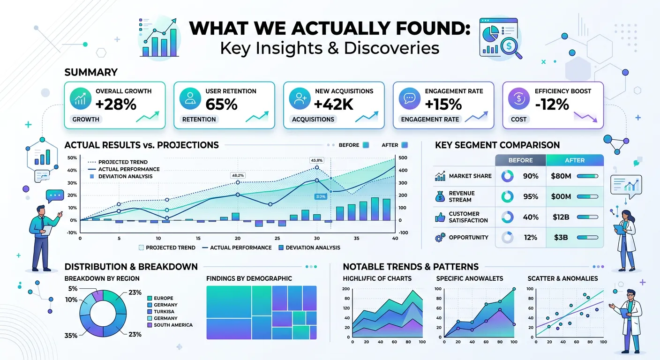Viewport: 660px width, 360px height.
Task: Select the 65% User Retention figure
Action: (x=222, y=104)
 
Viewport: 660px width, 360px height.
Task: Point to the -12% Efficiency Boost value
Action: (x=552, y=104)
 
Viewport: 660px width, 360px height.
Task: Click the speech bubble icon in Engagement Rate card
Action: (x=409, y=98)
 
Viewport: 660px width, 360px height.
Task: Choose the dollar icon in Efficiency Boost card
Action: (x=519, y=98)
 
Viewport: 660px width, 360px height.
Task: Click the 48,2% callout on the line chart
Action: (x=238, y=175)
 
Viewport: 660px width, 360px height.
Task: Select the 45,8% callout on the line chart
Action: (x=317, y=160)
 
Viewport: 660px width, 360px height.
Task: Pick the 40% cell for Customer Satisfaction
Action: (x=530, y=217)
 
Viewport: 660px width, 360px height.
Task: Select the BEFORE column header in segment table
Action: (x=520, y=160)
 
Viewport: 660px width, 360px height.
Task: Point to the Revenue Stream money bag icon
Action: (x=440, y=196)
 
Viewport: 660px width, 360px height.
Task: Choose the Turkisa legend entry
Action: (x=164, y=311)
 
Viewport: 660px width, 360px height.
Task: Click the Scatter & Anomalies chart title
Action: (x=562, y=278)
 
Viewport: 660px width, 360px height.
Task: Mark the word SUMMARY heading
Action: (x=91, y=72)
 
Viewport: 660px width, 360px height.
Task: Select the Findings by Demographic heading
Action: (x=249, y=278)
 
